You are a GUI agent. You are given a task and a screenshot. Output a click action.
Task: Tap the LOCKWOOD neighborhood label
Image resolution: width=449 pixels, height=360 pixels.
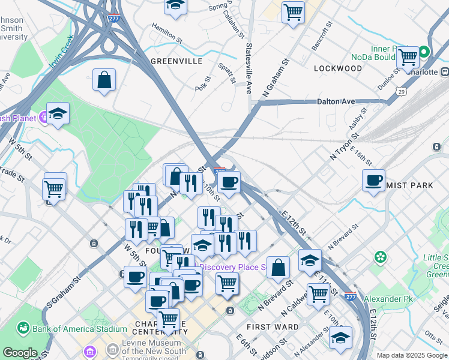tap(338, 68)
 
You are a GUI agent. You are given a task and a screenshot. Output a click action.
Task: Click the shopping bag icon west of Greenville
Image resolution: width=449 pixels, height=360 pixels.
tap(104, 80)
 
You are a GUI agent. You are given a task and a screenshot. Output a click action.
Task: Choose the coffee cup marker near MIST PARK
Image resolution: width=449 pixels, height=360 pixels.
tap(373, 180)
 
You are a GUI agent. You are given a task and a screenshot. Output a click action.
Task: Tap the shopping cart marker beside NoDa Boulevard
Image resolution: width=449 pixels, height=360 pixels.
tap(408, 58)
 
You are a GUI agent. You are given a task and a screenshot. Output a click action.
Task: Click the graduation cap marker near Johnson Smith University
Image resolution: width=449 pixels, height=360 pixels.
tap(58, 113)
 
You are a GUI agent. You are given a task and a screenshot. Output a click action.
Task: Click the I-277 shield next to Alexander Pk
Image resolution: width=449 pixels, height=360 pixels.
tap(352, 296)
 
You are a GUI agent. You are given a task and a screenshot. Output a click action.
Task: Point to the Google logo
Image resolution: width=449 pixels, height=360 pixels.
tap(20, 353)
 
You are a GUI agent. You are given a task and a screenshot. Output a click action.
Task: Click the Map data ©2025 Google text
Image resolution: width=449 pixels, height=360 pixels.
tap(411, 355)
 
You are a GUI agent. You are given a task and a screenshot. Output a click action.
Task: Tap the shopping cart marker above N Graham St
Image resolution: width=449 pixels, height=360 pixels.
tap(293, 11)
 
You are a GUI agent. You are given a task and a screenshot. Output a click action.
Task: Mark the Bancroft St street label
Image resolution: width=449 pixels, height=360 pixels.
tap(322, 37)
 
